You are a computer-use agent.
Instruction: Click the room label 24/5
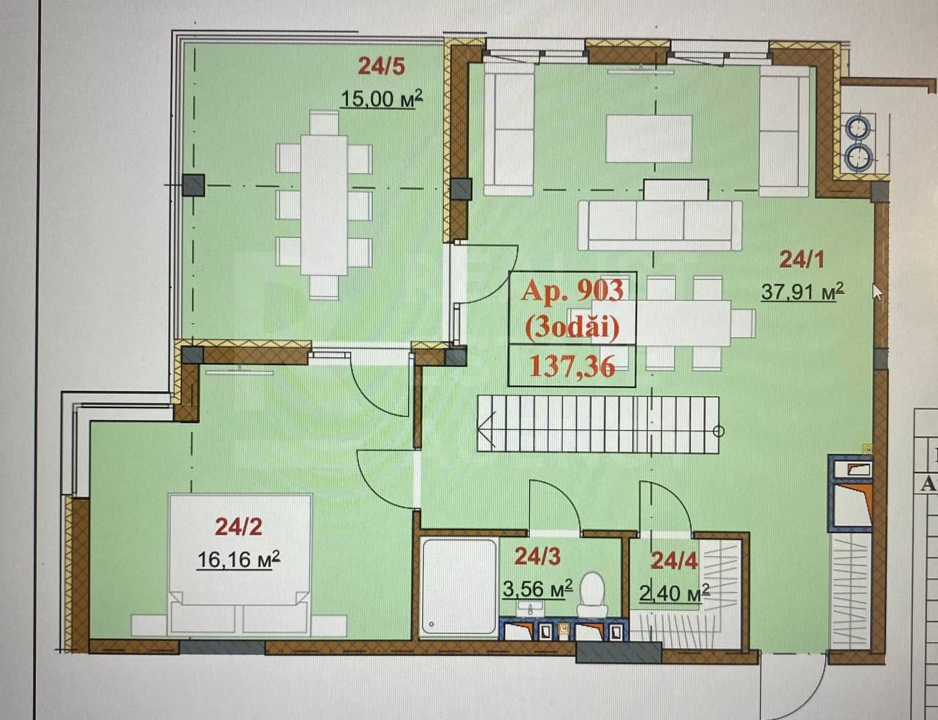[381, 67]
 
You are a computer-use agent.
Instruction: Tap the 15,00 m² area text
[381, 98]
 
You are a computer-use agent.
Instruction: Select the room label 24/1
[802, 259]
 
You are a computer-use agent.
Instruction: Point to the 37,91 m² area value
[802, 292]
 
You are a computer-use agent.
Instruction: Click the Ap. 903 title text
[572, 291]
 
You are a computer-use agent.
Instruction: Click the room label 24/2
[238, 526]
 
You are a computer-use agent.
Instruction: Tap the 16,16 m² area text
[238, 560]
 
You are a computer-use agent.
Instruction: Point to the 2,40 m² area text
[673, 592]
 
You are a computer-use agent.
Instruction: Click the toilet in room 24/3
[591, 593]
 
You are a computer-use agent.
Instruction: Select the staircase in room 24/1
[598, 425]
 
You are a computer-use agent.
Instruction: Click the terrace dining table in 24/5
[324, 204]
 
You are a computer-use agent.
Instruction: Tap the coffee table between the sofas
[649, 138]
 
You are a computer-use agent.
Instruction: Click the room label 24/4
[674, 561]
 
